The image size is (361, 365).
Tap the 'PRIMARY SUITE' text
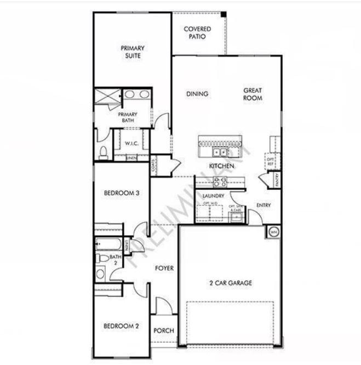point(133,52)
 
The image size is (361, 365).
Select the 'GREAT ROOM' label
point(253,94)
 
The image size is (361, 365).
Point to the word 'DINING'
point(197,94)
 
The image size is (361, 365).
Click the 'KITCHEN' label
point(221,166)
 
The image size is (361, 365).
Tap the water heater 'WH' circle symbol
point(273,233)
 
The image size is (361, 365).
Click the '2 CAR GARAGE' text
point(231,283)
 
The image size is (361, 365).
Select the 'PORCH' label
point(163,330)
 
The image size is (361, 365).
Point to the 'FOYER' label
point(164,268)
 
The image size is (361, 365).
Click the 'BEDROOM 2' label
point(121,326)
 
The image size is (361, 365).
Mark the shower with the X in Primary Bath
point(107,97)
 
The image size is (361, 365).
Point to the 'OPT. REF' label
point(270,160)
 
